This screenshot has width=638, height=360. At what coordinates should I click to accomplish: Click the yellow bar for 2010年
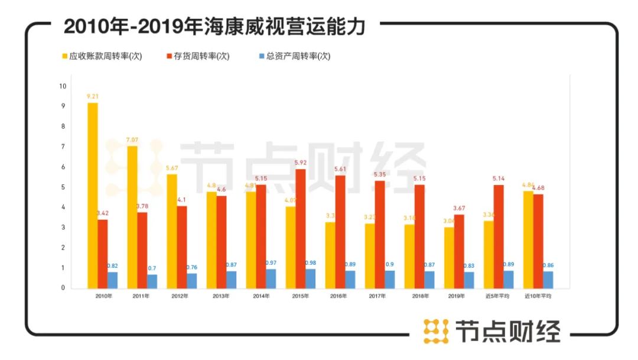[92, 195]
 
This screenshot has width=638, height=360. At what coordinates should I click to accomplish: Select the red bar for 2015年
[301, 228]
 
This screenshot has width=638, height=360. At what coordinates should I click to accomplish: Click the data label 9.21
[93, 96]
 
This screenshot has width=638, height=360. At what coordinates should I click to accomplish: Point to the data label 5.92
[301, 163]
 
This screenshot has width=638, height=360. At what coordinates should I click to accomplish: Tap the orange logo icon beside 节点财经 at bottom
[435, 331]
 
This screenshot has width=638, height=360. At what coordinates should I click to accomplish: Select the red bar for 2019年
[459, 251]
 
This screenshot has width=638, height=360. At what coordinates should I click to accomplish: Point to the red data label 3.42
[102, 213]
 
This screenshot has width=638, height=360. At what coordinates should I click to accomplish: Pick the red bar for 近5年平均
[499, 236]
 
